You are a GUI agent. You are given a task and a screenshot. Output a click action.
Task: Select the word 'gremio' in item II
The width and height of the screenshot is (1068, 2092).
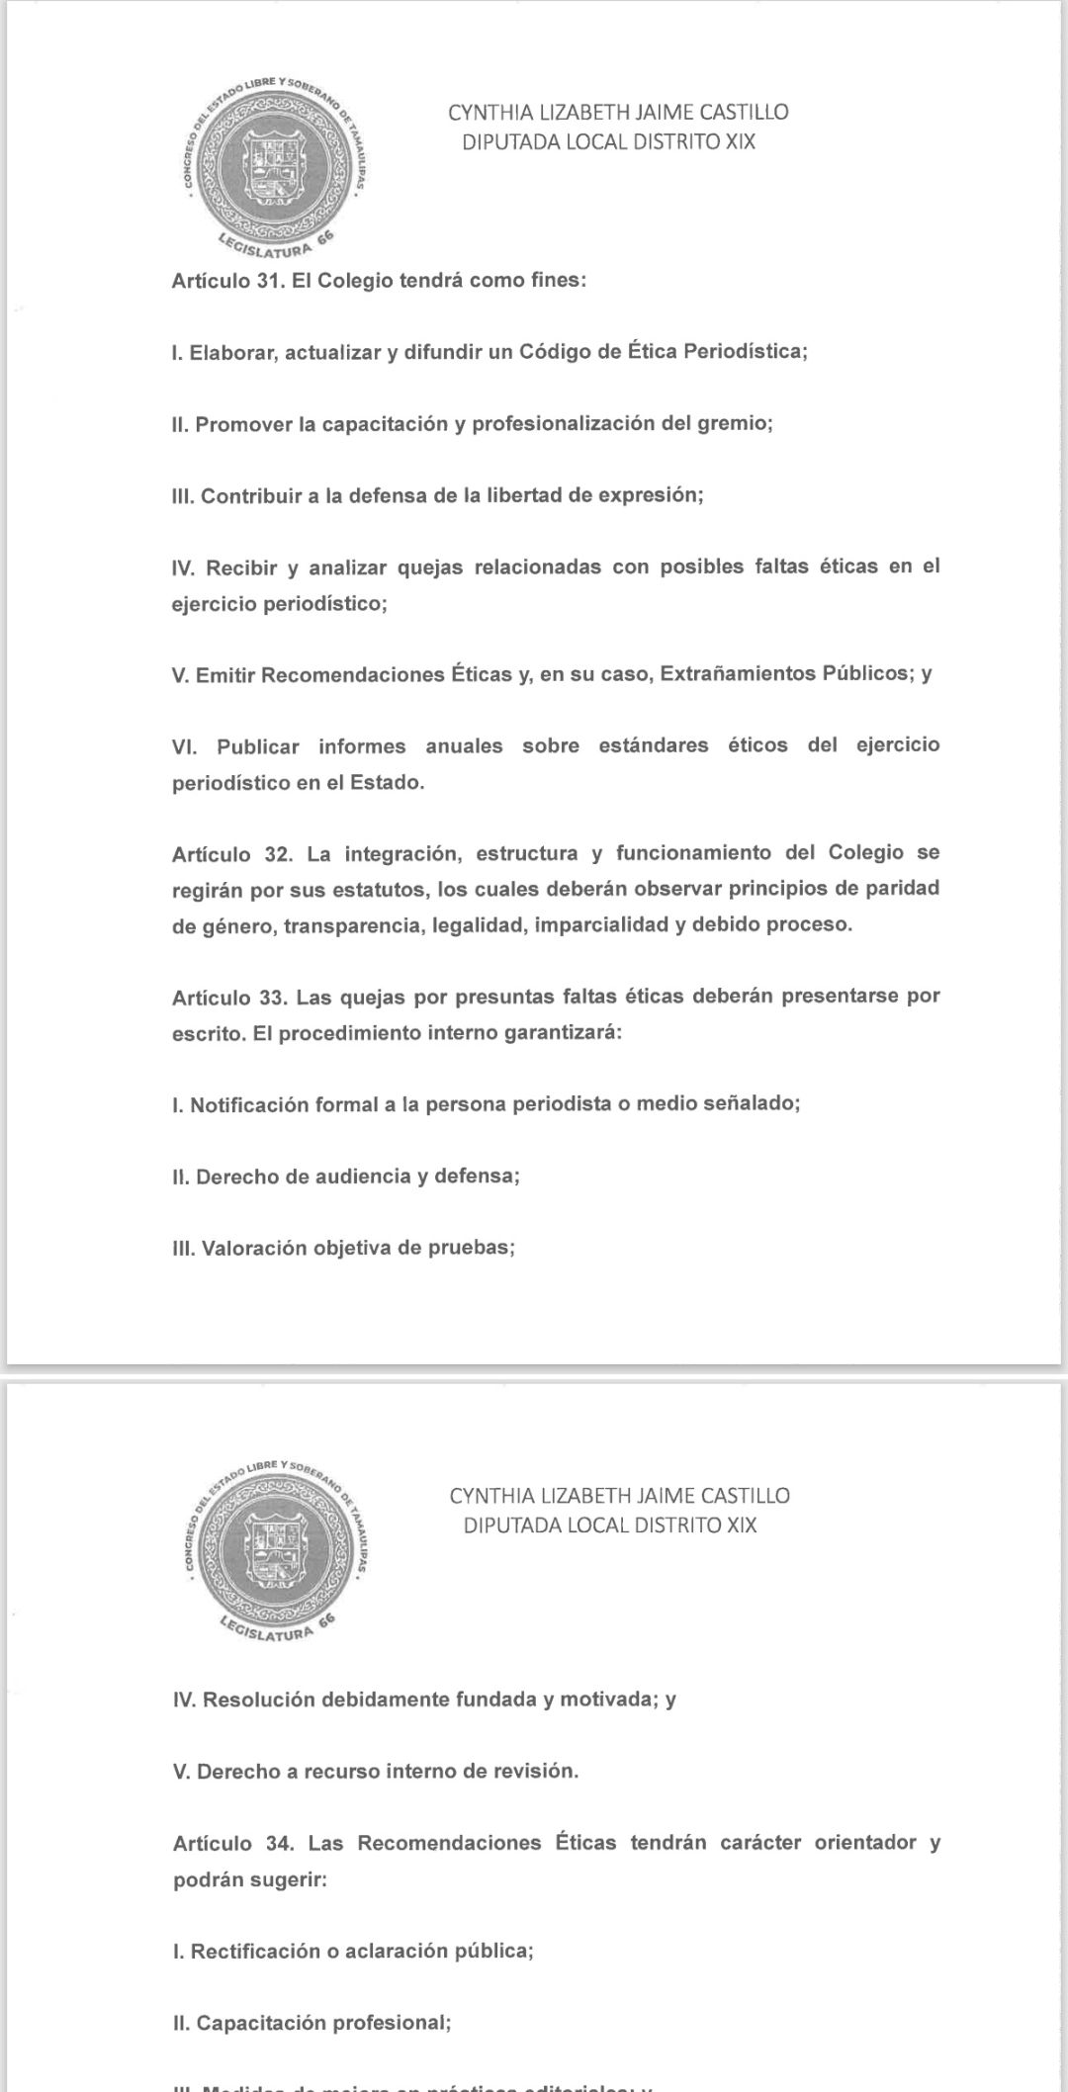click(x=733, y=424)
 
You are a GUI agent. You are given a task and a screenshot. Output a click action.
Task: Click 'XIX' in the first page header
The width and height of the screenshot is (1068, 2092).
click(x=741, y=141)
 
